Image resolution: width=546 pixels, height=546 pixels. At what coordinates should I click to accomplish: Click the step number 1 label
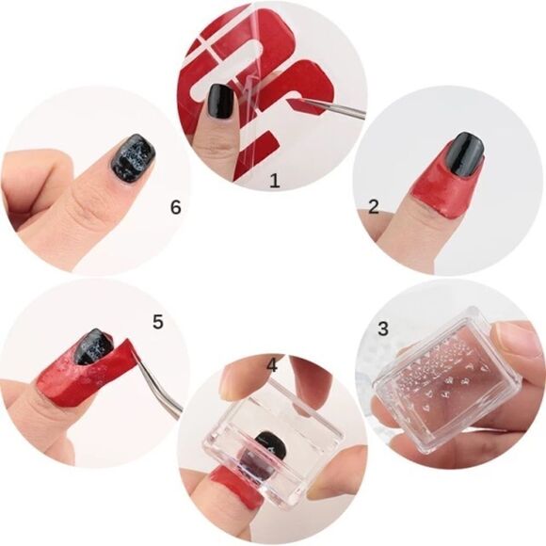275,179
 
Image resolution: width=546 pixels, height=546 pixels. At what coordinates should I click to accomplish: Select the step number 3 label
382,328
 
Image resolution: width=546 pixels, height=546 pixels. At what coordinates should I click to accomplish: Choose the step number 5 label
158,322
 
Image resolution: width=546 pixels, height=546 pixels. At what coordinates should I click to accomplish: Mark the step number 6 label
175,207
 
